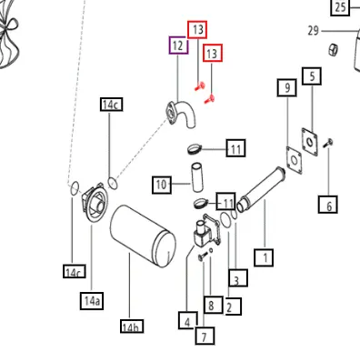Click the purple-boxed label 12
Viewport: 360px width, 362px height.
(x=178, y=45)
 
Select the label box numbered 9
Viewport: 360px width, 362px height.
(x=286, y=87)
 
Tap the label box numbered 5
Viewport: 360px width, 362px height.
(x=312, y=76)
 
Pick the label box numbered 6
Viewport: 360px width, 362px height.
(x=328, y=205)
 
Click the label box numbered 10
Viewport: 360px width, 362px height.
(x=162, y=185)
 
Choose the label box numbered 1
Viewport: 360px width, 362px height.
(x=264, y=257)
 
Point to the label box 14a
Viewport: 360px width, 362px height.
(x=92, y=301)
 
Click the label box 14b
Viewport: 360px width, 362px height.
(x=132, y=327)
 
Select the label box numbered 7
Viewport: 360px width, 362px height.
(x=205, y=336)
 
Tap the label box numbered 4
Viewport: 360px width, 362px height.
(x=188, y=320)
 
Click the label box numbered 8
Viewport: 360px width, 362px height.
(x=213, y=305)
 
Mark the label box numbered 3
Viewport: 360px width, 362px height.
(x=238, y=277)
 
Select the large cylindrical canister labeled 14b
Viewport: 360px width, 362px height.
(x=143, y=236)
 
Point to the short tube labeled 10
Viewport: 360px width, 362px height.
(x=197, y=177)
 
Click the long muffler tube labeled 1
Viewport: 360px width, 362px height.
(x=261, y=189)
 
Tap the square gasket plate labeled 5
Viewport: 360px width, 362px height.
(x=310, y=142)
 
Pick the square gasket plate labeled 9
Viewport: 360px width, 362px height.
(x=295, y=160)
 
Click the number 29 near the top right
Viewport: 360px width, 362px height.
(x=314, y=31)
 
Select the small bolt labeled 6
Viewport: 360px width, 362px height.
(x=328, y=143)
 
